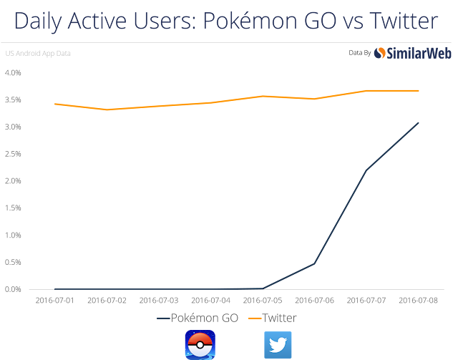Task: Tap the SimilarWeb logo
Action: click(x=405, y=53)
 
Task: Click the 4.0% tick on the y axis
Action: click(x=13, y=73)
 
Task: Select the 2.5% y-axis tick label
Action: click(x=13, y=154)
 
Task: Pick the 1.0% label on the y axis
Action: click(x=13, y=235)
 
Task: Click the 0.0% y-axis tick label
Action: click(x=13, y=289)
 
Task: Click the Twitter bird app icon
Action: click(x=278, y=344)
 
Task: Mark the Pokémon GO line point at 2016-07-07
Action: click(x=366, y=170)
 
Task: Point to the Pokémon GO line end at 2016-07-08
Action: click(x=418, y=123)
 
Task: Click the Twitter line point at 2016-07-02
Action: click(x=107, y=110)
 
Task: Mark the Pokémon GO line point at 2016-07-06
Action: click(x=314, y=263)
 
